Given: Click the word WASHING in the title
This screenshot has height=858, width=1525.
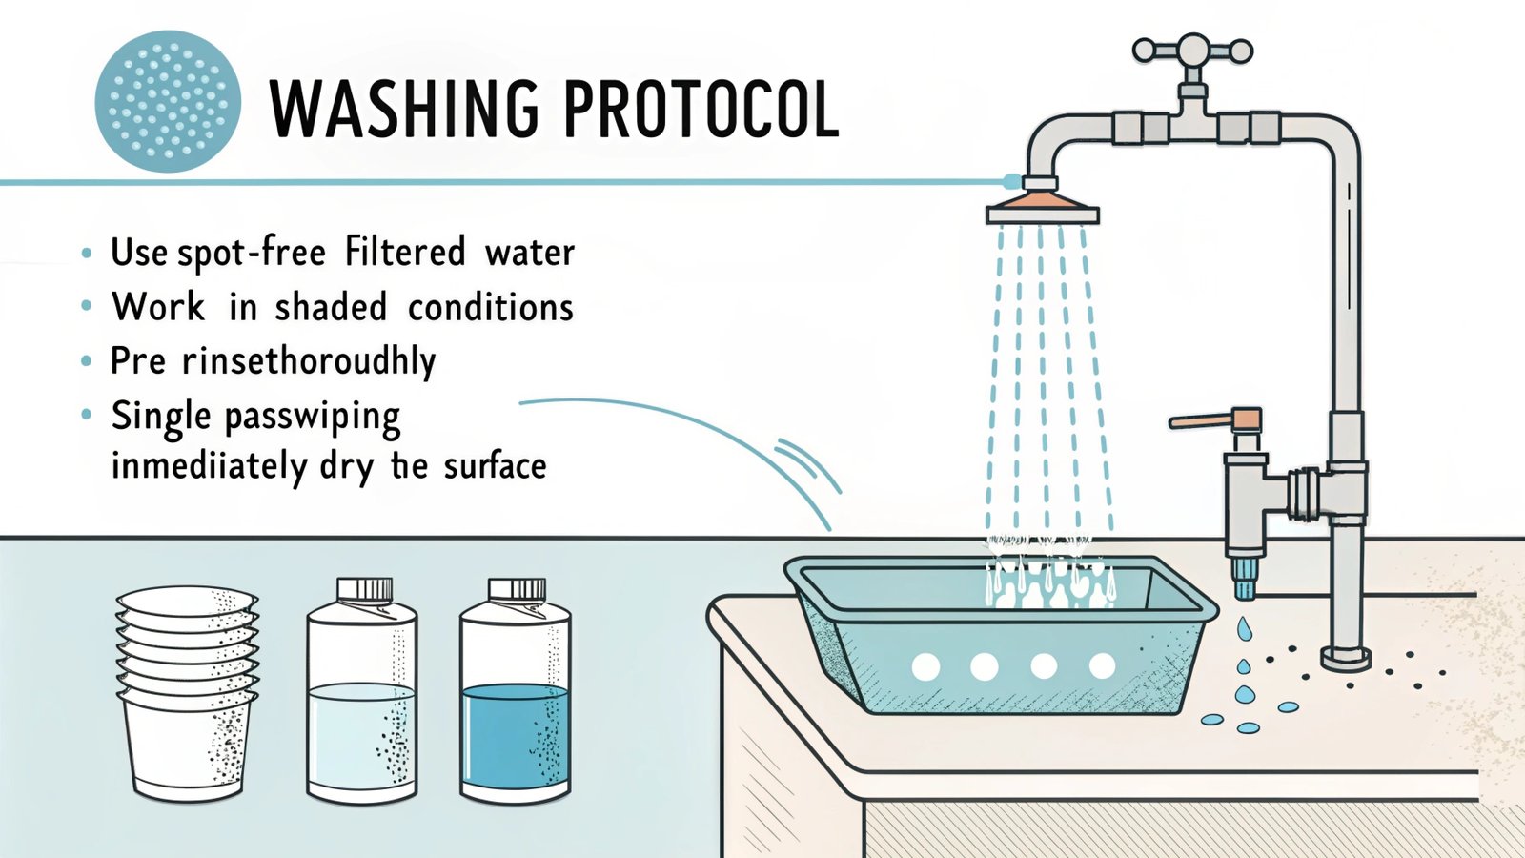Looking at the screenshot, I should pos(405,108).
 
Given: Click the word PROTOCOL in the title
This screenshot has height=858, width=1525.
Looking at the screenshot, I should pos(701,108).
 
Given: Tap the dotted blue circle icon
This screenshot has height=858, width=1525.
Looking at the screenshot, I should pos(168,101).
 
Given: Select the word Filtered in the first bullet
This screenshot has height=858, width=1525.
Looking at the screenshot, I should pos(405,253).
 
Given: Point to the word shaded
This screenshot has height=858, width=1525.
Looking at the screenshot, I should pos(331,308).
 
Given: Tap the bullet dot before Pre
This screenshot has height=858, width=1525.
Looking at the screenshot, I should pos(88,361).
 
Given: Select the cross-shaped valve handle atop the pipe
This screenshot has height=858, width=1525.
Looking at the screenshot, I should pos(1192,51).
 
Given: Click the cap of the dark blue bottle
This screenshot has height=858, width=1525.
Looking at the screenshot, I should pos(518,589).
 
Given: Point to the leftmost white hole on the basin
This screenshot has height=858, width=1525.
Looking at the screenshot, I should pos(925,666).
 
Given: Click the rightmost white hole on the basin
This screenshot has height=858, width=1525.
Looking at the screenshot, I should pos(1102,665).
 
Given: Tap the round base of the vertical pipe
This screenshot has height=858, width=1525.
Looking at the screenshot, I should pos(1346,658).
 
